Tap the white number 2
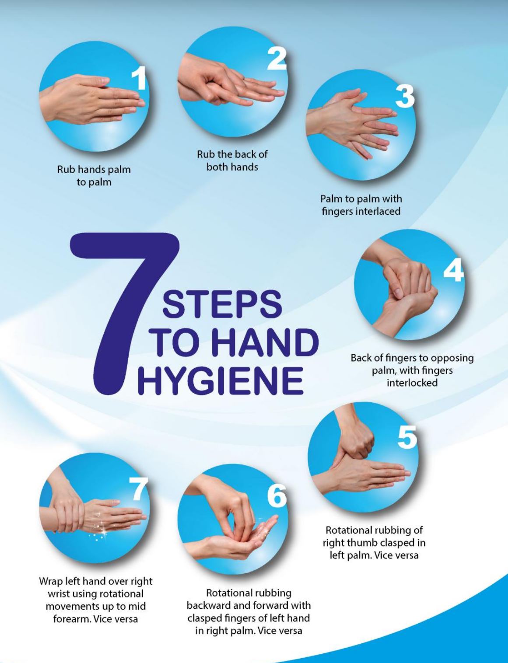pyautogui.click(x=277, y=59)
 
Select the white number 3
pyautogui.click(x=405, y=96)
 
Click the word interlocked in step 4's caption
pyautogui.click(x=412, y=383)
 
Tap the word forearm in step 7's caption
pyautogui.click(x=72, y=619)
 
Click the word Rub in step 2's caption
pyautogui.click(x=204, y=154)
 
